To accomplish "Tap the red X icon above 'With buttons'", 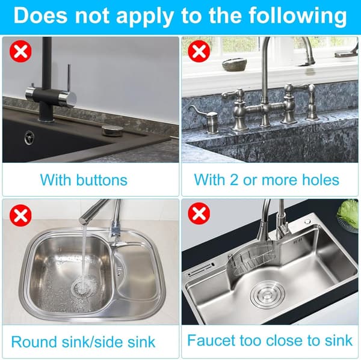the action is click(20, 51).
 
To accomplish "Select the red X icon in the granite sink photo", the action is click(199, 51).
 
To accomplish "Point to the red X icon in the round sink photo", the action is click(20, 216).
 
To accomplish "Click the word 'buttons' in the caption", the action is click(102, 180).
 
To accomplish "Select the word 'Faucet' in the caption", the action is click(211, 340).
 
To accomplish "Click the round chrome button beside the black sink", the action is click(110, 131).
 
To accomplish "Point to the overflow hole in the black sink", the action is click(29, 138).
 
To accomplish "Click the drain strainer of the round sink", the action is click(82, 287).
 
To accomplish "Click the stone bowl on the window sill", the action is click(235, 65).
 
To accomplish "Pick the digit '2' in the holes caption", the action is click(233, 180).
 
